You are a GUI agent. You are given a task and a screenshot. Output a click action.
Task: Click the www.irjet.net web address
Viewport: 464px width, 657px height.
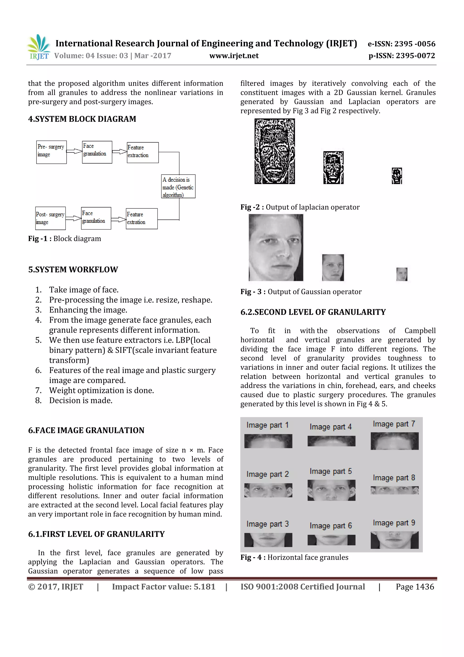(x=234, y=56)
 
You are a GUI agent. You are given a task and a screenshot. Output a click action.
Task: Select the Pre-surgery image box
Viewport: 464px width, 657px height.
(x=51, y=152)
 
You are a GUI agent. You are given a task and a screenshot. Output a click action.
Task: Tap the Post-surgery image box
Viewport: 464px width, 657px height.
(x=50, y=218)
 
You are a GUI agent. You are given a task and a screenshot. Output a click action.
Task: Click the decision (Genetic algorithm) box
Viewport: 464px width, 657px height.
(x=178, y=186)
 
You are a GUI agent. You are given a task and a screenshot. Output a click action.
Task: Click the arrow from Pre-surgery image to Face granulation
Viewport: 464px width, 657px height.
(x=74, y=151)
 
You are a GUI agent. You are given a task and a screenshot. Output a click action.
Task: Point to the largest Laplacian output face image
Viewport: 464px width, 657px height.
(x=274, y=151)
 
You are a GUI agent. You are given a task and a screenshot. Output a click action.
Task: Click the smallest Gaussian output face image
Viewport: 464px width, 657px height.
(x=402, y=274)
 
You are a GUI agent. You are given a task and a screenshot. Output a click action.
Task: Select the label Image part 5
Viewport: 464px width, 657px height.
(x=331, y=471)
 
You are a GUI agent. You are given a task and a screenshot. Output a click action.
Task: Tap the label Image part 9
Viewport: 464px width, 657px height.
(x=394, y=523)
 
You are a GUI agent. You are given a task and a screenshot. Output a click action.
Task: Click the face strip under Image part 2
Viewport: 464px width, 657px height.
(x=268, y=490)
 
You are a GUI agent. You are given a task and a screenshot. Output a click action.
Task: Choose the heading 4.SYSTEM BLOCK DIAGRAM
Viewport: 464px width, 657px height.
(x=82, y=119)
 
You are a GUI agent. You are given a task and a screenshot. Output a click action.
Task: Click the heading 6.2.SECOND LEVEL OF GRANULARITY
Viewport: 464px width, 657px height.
(x=313, y=312)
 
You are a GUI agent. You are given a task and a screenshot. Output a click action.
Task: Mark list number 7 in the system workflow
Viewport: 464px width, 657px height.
(x=38, y=390)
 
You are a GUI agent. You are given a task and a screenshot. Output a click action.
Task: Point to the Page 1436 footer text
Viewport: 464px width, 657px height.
(x=415, y=587)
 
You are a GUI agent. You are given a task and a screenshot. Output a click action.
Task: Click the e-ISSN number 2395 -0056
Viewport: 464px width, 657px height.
(x=415, y=44)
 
